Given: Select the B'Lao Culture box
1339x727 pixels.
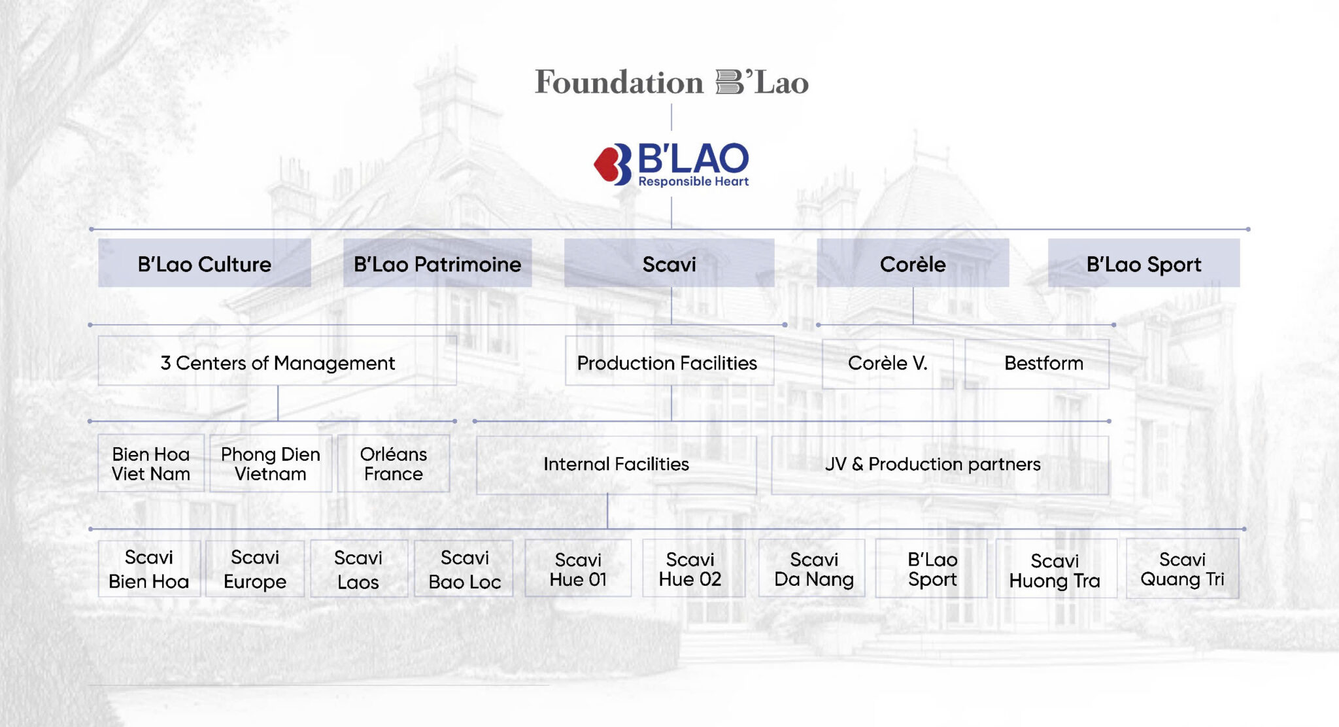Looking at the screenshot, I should point(204,263).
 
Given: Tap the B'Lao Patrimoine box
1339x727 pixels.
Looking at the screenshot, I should point(437,263).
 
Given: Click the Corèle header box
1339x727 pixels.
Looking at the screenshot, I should point(913,263).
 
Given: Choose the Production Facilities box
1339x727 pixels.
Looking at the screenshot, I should point(669,362).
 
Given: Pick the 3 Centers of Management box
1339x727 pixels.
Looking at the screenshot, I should point(277,362).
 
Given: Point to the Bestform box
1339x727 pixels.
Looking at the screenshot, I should point(1043,363).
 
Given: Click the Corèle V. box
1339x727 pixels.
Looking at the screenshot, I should point(887,363).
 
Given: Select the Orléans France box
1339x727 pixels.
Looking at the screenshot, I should point(394,464).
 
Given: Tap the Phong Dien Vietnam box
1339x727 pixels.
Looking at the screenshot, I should point(271,464).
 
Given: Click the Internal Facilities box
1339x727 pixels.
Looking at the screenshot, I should point(616,464).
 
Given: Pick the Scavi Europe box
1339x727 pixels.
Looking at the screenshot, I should point(255,569).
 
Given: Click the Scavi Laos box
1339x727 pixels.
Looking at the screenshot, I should point(358,569).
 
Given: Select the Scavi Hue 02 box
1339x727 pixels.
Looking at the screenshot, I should point(690,569).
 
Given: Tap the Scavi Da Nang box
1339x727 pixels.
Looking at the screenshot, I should point(813,569).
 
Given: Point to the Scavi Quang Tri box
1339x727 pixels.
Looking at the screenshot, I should point(1182,569).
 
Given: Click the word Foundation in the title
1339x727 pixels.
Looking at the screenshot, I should point(619,82).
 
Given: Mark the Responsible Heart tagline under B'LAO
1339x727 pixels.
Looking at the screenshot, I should point(694,182).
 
